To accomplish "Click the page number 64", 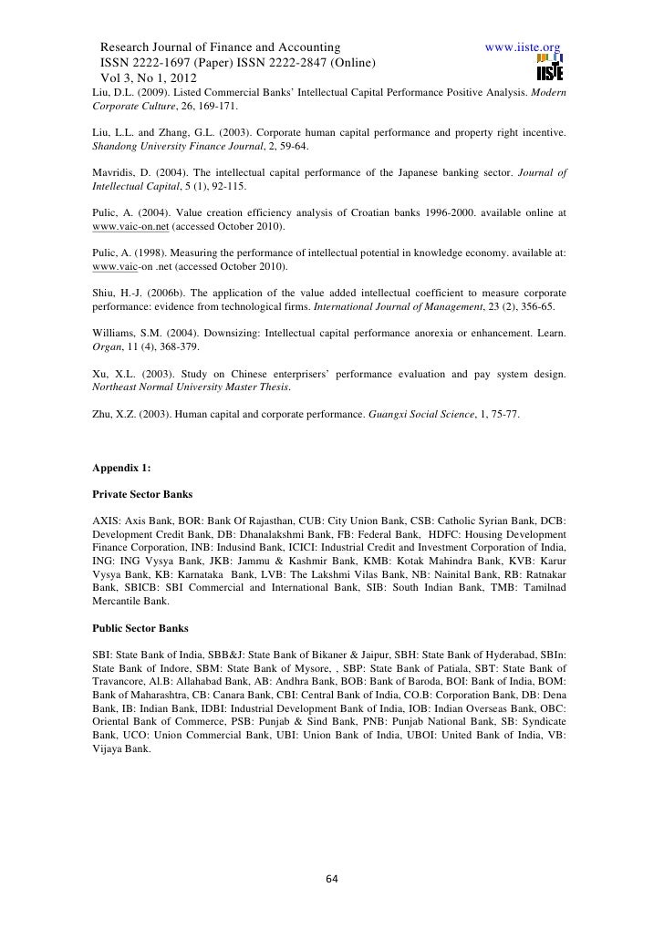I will [x=332, y=879].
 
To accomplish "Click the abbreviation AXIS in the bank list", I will [x=109, y=520].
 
